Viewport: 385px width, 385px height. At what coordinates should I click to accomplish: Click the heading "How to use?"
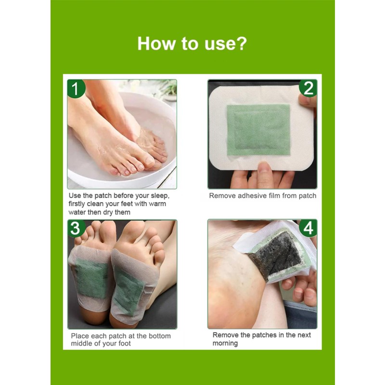tap(192, 43)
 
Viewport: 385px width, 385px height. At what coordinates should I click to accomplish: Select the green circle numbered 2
tap(308, 88)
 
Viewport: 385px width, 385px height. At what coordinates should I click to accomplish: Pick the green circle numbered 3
tap(76, 228)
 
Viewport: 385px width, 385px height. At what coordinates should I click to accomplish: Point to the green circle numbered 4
tap(308, 227)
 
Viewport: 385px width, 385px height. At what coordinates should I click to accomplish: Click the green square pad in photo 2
tap(258, 130)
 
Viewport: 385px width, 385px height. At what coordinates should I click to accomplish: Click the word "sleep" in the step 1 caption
tap(159, 196)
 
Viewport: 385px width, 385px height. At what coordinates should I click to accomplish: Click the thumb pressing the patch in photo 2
tap(264, 173)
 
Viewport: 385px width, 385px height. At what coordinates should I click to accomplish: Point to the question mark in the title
tap(241, 43)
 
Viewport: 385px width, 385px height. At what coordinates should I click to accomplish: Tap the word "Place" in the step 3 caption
tap(80, 336)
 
